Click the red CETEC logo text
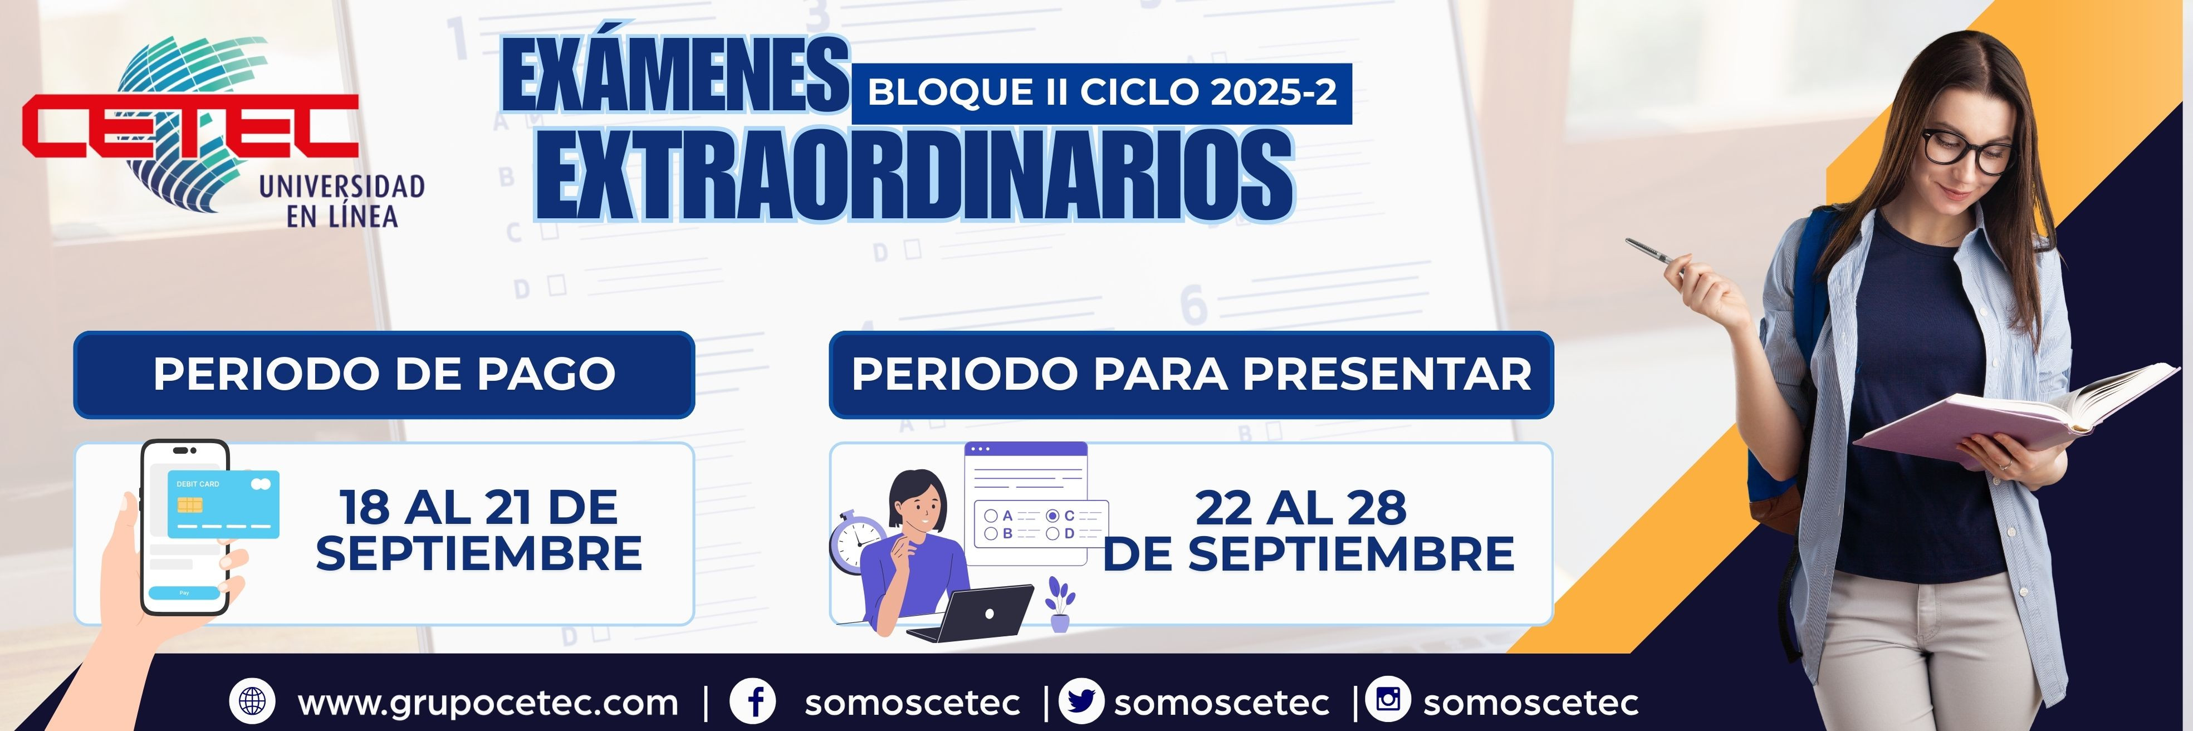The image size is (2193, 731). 189,126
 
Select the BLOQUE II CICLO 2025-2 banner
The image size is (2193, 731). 1102,92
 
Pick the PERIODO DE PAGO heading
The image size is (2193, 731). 384,375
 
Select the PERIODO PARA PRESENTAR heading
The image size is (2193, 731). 1191,375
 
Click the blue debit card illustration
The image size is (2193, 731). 223,504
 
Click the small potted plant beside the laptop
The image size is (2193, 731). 1060,604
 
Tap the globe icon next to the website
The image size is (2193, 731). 252,701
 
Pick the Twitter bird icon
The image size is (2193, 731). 1080,701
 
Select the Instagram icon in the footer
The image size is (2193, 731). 1388,700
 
